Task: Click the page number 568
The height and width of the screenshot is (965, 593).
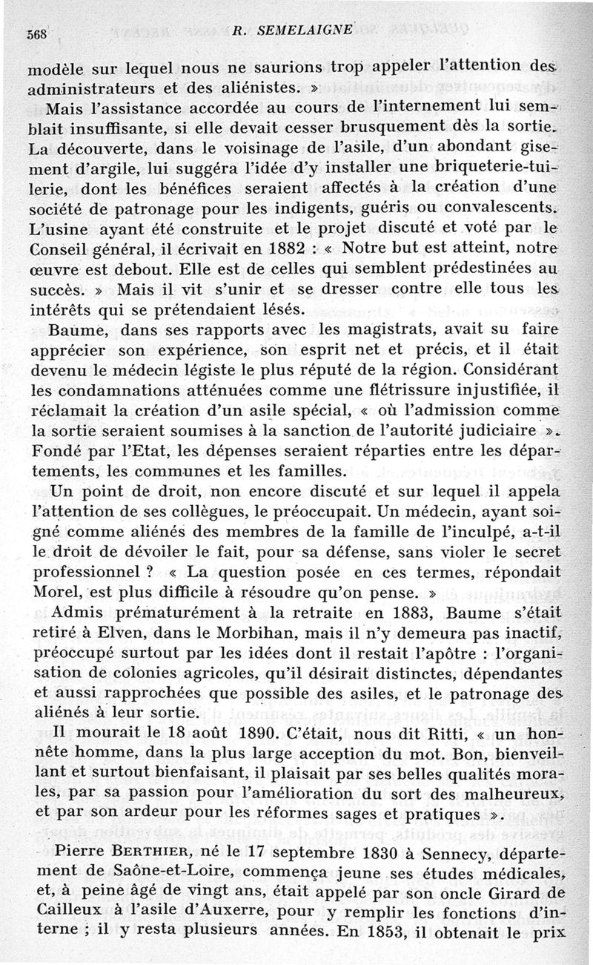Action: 37,34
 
